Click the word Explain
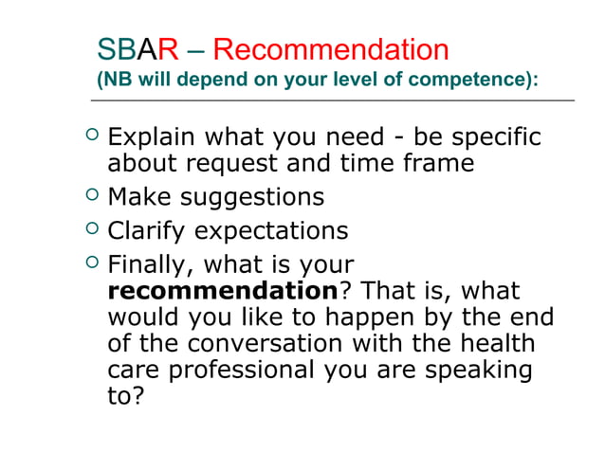click(147, 138)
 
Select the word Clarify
click(143, 231)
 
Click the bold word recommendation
click(222, 291)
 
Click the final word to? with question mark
click(125, 395)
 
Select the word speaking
click(478, 370)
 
